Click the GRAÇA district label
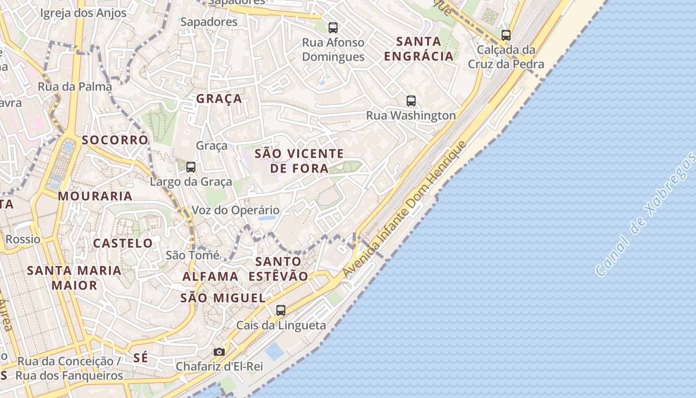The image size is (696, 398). click(219, 99)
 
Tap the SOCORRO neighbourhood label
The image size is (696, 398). click(115, 140)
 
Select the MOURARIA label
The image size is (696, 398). click(95, 196)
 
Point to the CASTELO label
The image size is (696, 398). click(123, 243)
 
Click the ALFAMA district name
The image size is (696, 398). click(210, 276)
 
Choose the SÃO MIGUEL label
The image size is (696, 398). click(223, 298)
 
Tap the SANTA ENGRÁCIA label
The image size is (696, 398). click(419, 48)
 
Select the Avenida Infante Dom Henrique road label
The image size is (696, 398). click(405, 209)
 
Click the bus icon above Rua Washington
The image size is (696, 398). click(411, 101)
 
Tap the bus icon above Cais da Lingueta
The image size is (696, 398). click(281, 310)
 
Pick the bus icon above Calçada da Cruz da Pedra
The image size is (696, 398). click(506, 35)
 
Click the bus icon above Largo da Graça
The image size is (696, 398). click(191, 167)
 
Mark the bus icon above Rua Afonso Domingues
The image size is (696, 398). click(333, 28)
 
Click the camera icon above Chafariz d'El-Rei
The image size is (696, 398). click(219, 352)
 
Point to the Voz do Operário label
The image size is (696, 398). click(236, 210)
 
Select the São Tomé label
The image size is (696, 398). click(192, 255)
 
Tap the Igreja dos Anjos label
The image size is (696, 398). click(83, 13)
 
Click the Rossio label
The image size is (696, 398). click(23, 239)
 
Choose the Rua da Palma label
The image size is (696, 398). click(75, 87)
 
